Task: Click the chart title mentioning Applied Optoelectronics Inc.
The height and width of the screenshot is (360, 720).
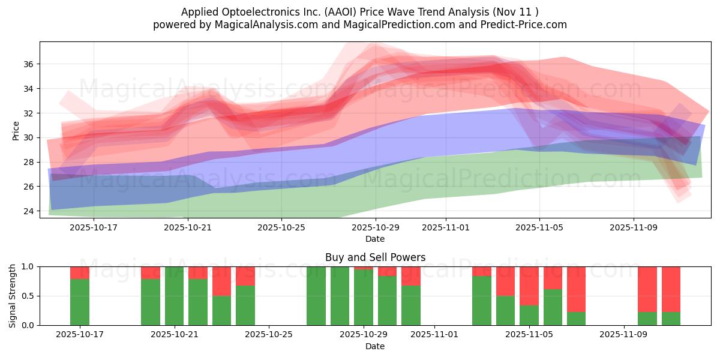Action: [x=360, y=11]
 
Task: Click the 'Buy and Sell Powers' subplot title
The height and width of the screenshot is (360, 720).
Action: [x=375, y=257]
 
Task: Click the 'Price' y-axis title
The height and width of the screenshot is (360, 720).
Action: [x=16, y=130]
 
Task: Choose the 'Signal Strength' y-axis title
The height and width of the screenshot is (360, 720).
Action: [x=12, y=296]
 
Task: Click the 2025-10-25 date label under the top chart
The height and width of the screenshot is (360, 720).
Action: [x=281, y=227]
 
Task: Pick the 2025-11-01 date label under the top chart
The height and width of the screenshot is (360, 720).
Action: [x=445, y=227]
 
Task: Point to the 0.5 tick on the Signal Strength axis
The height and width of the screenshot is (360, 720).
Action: [x=30, y=296]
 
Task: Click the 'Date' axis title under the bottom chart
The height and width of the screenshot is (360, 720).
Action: [x=375, y=346]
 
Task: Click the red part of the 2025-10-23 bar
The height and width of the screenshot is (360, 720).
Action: [x=221, y=281]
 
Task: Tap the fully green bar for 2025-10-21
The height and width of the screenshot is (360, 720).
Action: [x=174, y=296]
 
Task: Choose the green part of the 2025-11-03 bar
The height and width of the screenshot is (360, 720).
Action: [x=482, y=301]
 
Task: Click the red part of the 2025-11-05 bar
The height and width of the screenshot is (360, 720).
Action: [x=529, y=286]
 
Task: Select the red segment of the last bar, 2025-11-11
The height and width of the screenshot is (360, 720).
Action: [x=671, y=289]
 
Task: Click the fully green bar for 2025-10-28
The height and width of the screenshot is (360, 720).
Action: [x=340, y=296]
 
